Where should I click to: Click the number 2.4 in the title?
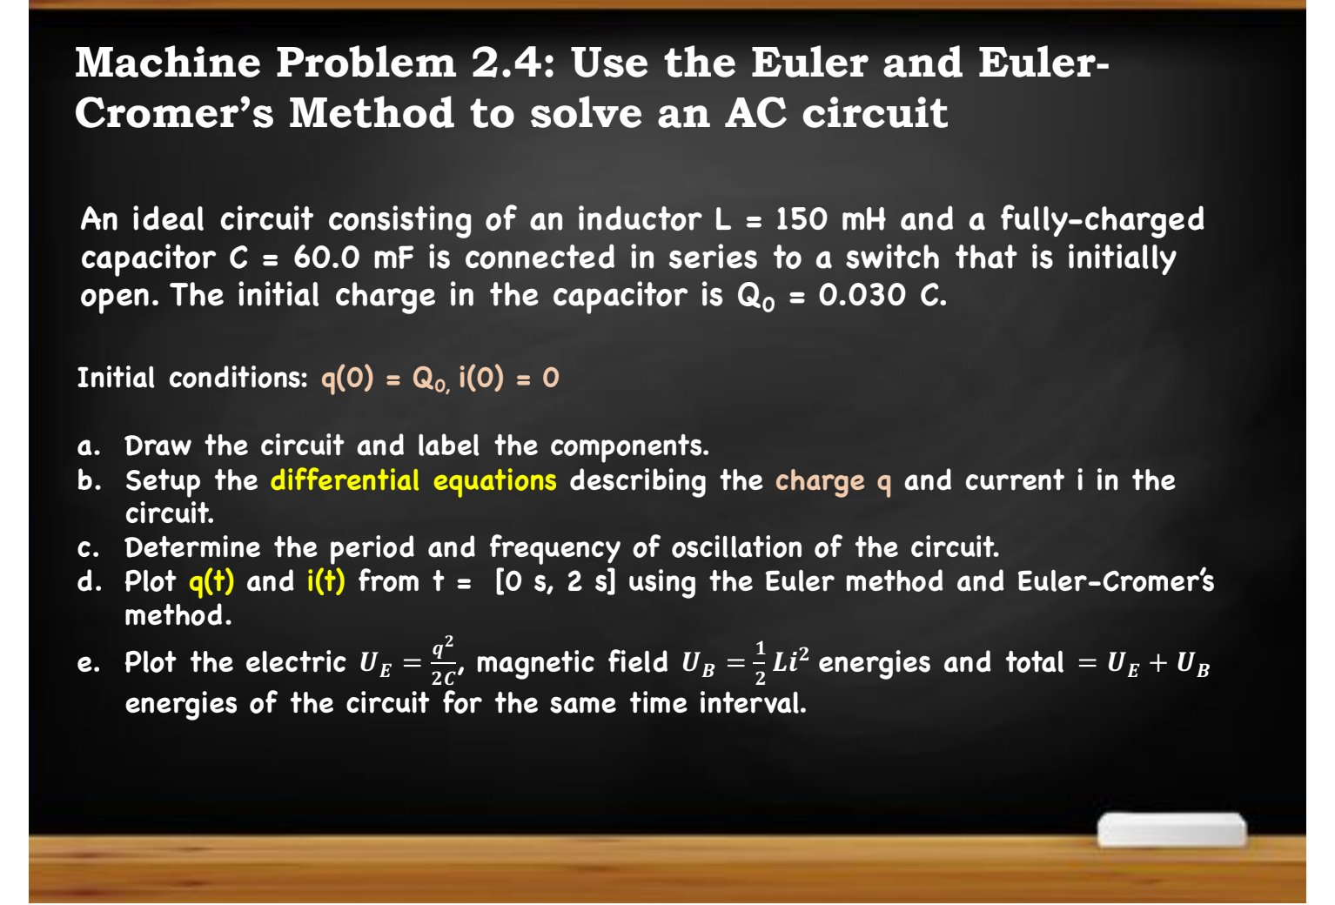pyautogui.click(x=508, y=63)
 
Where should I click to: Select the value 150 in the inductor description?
pyautogui.click(x=802, y=219)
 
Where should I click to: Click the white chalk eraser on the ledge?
pyautogui.click(x=1171, y=830)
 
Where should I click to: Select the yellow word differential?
pyautogui.click(x=345, y=480)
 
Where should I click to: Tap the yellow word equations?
pyautogui.click(x=494, y=480)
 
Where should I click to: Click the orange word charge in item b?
pyautogui.click(x=820, y=481)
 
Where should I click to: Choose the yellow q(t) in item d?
pyautogui.click(x=211, y=581)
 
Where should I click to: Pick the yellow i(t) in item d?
pyautogui.click(x=326, y=581)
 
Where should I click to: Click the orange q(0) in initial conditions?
pyautogui.click(x=347, y=379)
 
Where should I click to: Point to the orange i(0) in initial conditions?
pyautogui.click(x=480, y=379)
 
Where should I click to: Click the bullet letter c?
pyautogui.click(x=87, y=549)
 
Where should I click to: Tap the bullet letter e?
pyautogui.click(x=87, y=664)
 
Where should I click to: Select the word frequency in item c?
pyautogui.click(x=554, y=548)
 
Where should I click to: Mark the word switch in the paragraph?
pyautogui.click(x=892, y=258)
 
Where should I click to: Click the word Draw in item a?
pyautogui.click(x=158, y=446)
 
